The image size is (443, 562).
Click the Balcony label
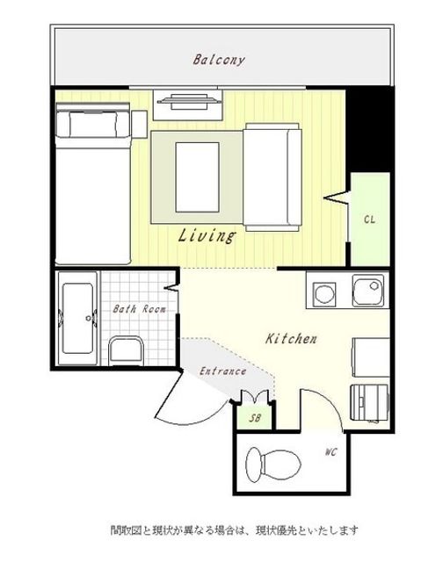[x=219, y=60]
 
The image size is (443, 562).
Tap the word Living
[x=207, y=235]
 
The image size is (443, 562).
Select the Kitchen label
[x=291, y=339]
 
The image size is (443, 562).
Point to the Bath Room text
[x=140, y=309]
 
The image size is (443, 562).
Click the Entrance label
[x=222, y=371]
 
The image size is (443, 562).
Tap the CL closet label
[x=369, y=220]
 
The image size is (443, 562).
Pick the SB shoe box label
[x=255, y=418]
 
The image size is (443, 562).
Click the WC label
[x=331, y=452]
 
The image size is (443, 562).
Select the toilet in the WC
[x=273, y=465]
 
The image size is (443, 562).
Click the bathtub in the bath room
[x=78, y=318]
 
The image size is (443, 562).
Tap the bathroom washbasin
[x=126, y=350]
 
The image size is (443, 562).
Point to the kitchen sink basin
[x=368, y=291]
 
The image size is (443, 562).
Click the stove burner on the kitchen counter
[x=324, y=292]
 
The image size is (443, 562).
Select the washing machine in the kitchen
[x=369, y=403]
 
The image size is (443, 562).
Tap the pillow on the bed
[x=93, y=124]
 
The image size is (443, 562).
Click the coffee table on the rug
[x=197, y=177]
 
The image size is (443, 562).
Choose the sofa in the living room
[x=272, y=177]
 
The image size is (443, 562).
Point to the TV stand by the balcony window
[x=188, y=104]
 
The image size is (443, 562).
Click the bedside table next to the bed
[x=140, y=125]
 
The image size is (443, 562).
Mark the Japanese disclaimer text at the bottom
[x=234, y=530]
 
